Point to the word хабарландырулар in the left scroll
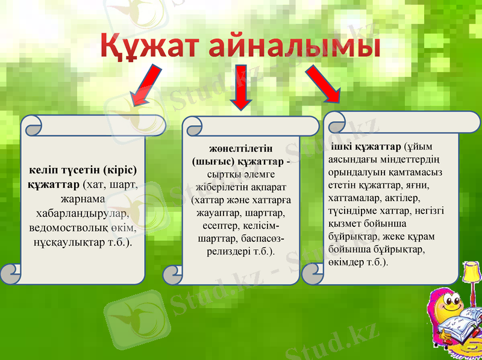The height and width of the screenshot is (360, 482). tap(83, 214)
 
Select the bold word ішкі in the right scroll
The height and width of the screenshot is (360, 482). tap(341, 146)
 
